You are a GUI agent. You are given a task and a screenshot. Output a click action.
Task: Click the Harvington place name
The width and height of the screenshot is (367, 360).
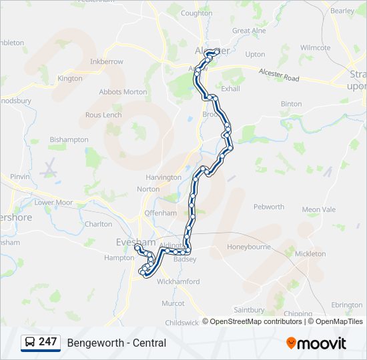pos(163,177)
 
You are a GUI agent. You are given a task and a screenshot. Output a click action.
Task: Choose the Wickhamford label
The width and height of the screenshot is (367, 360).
pos(177,281)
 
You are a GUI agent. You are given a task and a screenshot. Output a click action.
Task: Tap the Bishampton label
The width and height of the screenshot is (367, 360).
pos(69,139)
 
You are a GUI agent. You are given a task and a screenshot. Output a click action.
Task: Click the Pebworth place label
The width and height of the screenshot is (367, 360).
pos(269,207)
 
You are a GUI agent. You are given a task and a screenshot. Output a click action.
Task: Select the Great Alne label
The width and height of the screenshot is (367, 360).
pos(249,31)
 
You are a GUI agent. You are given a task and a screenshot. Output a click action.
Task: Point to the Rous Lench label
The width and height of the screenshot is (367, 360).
pos(103,115)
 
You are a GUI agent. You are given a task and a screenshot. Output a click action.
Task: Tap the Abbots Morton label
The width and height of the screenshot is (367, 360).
pos(123,92)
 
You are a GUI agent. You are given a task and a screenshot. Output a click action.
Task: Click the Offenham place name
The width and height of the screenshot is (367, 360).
pos(161,213)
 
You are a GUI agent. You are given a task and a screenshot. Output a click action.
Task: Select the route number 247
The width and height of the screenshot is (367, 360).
pos(47,342)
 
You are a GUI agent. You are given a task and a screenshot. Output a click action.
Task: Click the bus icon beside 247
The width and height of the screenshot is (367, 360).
pos(30,343)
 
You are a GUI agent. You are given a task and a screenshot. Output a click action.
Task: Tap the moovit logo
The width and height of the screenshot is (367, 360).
pos(316,343)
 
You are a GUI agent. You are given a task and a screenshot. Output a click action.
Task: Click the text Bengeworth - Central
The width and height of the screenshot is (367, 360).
pos(117,343)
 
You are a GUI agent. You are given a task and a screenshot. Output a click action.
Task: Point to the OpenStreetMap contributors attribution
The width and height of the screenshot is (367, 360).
pos(256,321)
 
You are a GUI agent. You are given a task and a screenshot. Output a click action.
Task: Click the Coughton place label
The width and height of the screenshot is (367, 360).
pos(196,13)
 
